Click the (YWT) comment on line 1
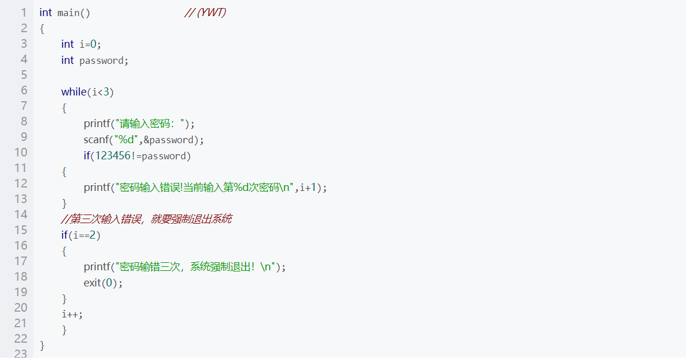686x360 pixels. coord(205,13)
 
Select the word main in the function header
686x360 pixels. coord(69,13)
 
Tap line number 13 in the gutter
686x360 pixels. coord(21,199)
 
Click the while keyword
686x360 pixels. coord(74,91)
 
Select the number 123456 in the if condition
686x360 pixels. coord(114,156)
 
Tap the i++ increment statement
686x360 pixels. coord(72,314)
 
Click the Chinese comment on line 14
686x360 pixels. coord(147,219)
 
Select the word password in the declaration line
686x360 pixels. coord(101,60)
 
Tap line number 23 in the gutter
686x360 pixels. coord(21,354)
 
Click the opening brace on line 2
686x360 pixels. coord(42,28)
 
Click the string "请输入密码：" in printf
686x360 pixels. coord(151,124)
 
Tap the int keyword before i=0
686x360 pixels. coord(67,44)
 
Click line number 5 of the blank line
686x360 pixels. coord(24,75)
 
